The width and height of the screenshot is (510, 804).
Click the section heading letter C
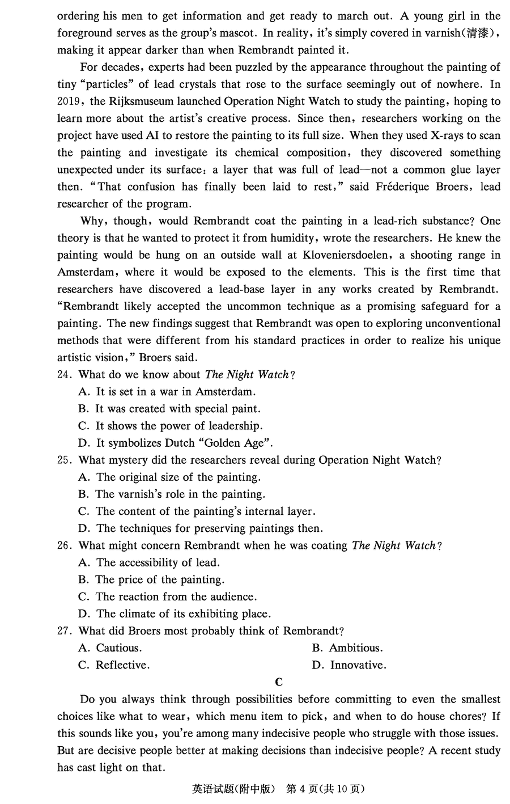[x=278, y=682]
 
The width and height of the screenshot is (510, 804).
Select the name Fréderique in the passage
[x=402, y=187]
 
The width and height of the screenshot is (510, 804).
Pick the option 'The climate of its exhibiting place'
[x=184, y=614]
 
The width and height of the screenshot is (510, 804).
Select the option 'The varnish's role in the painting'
[x=180, y=494]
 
